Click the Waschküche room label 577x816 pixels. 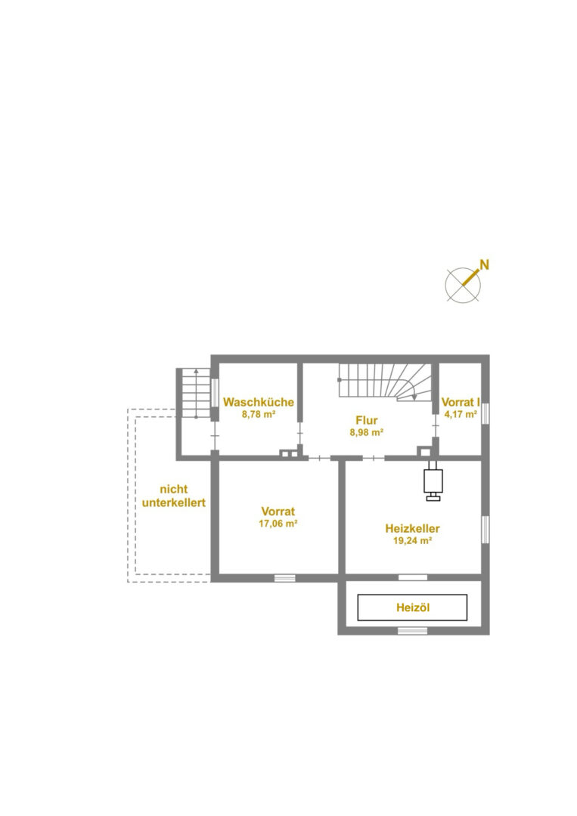tap(259, 402)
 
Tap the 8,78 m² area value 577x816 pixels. tap(259, 415)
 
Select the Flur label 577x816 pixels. tap(367, 421)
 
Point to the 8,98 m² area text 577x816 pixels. tap(367, 432)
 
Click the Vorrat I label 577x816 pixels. tap(461, 402)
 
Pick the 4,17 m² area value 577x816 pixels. tap(461, 415)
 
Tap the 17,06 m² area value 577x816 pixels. tap(278, 524)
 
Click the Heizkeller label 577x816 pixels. tap(412, 529)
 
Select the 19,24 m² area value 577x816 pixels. tap(412, 541)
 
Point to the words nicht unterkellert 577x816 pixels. tap(173, 496)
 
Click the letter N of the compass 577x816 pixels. tap(484, 264)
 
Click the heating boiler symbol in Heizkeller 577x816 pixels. tap(433, 481)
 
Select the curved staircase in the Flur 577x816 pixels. tap(386, 382)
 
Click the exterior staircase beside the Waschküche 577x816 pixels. tap(196, 393)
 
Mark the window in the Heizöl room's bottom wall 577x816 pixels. tap(412, 631)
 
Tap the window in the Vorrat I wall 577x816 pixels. tap(485, 414)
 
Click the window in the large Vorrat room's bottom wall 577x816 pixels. tap(285, 577)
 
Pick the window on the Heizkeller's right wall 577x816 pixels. tap(485, 529)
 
